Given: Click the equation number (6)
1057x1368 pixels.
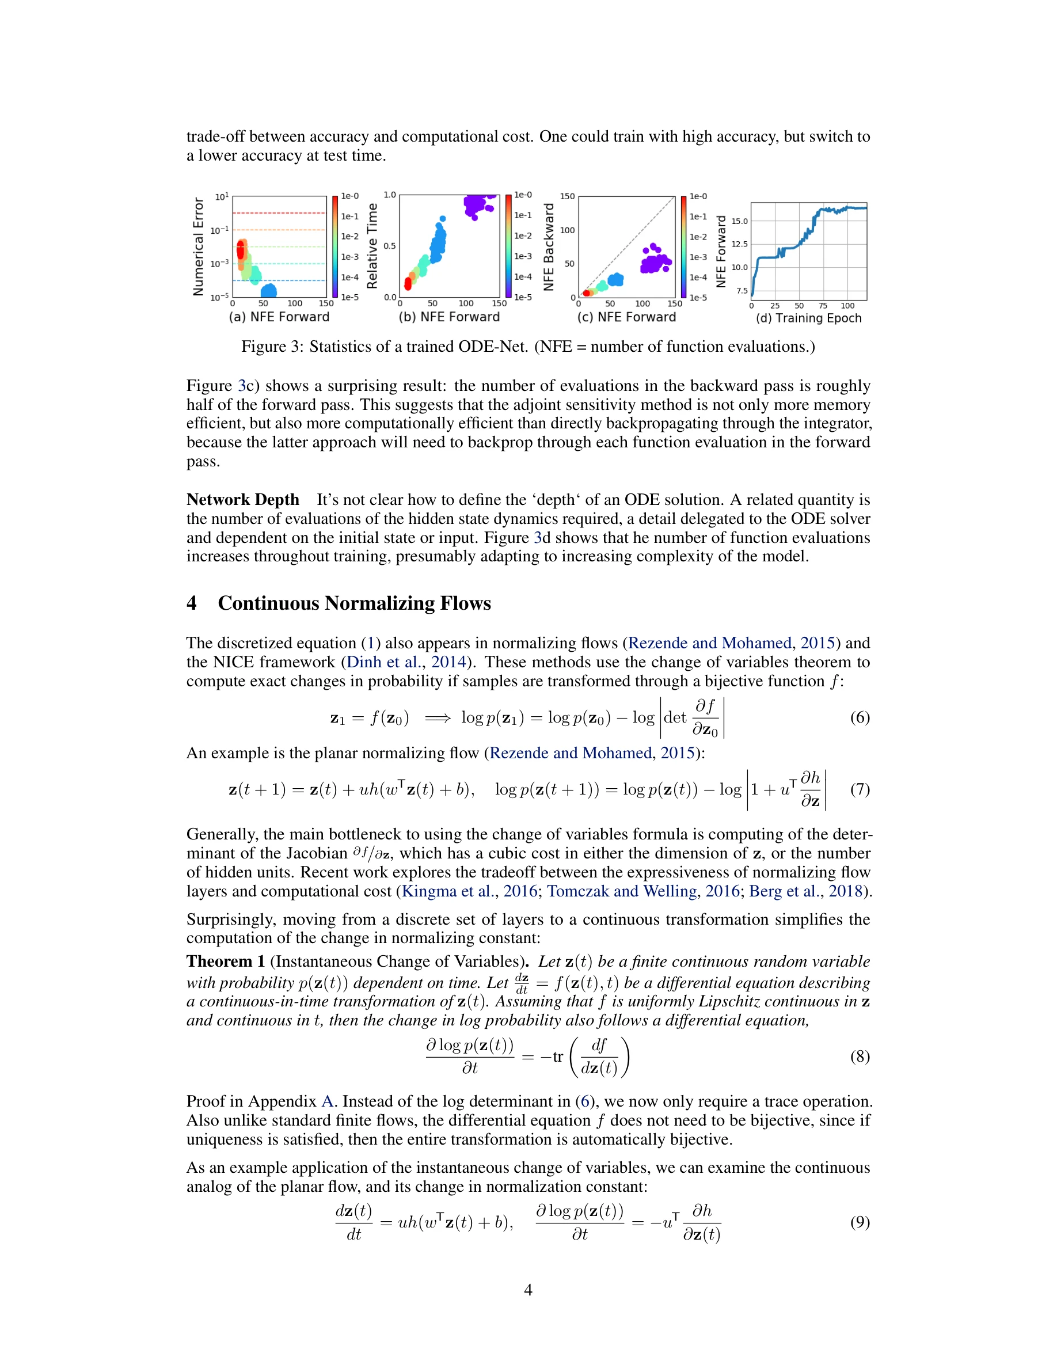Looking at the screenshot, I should (x=859, y=717).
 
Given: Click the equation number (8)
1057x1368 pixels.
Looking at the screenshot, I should (x=859, y=1057).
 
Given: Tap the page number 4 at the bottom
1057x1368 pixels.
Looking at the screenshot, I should (x=528, y=1290).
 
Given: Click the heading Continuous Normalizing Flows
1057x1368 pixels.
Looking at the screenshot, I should (x=354, y=603).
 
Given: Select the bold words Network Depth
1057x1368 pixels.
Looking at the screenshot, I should (x=243, y=500).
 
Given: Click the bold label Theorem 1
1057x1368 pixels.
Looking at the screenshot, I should (x=226, y=962).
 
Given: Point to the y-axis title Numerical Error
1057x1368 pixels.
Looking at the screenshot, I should (x=199, y=247).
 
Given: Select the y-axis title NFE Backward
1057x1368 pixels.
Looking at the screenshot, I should (x=549, y=247).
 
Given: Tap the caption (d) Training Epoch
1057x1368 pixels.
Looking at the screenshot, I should (x=808, y=318).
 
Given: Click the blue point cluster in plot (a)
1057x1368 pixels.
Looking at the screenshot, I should (x=269, y=291).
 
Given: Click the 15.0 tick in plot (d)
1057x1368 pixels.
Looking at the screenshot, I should (x=740, y=221).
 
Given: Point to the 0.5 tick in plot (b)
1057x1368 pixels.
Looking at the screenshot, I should (x=390, y=246).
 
